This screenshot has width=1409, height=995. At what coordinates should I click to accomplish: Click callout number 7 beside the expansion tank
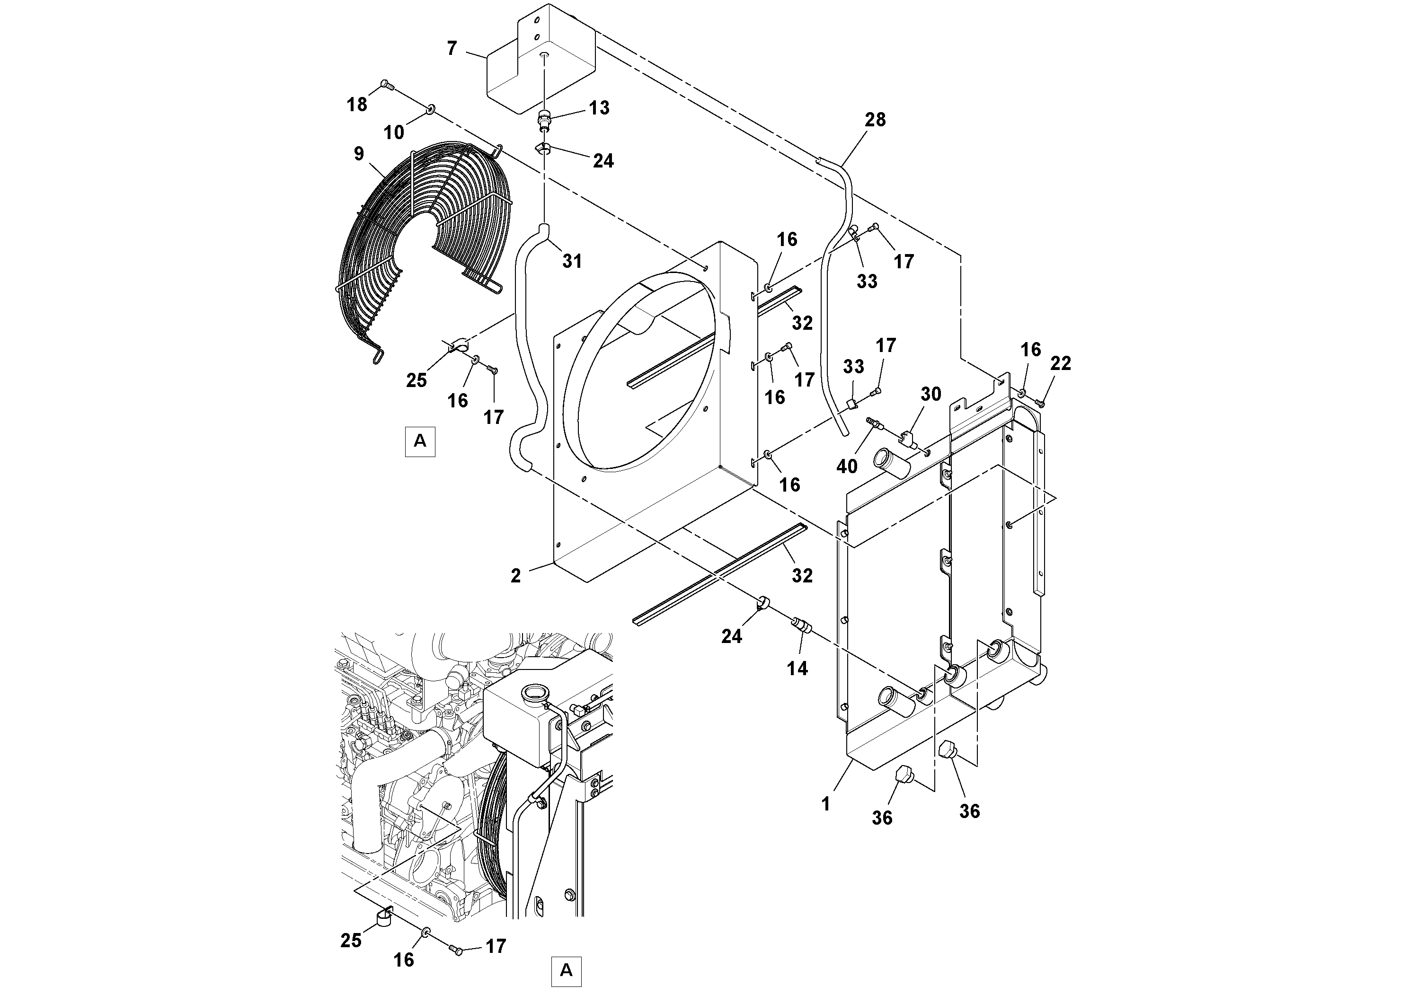(x=452, y=48)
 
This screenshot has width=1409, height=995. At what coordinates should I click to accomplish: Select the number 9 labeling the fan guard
(x=359, y=154)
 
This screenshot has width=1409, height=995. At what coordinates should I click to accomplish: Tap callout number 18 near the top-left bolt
(x=357, y=105)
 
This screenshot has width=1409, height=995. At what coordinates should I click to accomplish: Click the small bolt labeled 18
(x=385, y=85)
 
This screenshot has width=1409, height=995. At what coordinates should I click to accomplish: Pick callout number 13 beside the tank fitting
(x=599, y=108)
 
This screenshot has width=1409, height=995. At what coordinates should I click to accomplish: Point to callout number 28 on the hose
(x=875, y=120)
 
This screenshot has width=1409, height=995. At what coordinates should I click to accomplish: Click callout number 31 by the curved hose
(x=572, y=261)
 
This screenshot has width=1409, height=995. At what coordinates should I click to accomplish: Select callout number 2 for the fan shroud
(x=515, y=575)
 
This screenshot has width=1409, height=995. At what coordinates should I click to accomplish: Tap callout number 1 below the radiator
(x=826, y=803)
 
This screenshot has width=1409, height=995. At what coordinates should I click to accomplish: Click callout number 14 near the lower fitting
(x=797, y=669)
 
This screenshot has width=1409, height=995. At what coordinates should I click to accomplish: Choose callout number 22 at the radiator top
(x=1061, y=364)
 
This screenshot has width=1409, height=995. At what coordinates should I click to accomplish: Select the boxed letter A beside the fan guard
(x=420, y=441)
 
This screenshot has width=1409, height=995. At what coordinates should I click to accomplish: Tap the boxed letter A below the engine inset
(x=566, y=970)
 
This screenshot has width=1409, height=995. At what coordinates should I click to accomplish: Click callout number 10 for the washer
(x=394, y=132)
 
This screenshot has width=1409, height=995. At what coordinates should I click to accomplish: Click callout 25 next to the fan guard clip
(x=416, y=380)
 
